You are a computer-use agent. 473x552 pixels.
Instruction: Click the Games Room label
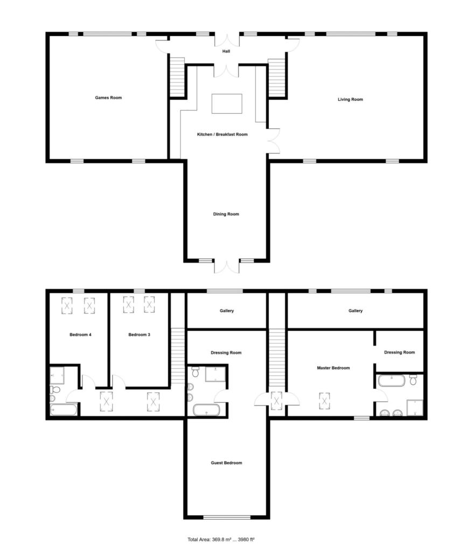click(108, 98)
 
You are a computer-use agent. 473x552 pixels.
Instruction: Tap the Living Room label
click(350, 100)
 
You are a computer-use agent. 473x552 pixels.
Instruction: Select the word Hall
click(226, 51)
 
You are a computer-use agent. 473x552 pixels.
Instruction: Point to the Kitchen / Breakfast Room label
click(222, 134)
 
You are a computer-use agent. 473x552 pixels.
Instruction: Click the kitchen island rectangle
click(227, 104)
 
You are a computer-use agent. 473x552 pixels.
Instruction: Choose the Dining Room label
click(226, 214)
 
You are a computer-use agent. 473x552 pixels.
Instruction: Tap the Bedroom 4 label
click(80, 335)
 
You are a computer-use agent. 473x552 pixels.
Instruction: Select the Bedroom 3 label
click(139, 335)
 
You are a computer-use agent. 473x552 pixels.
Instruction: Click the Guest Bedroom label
click(226, 463)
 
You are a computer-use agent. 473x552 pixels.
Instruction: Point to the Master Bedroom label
click(333, 368)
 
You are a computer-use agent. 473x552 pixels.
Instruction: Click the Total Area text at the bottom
click(221, 539)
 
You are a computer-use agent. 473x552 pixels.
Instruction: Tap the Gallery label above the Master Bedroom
click(356, 311)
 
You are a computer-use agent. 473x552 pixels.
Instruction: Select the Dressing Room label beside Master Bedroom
click(399, 353)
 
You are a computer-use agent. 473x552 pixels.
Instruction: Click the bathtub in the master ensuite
click(391, 381)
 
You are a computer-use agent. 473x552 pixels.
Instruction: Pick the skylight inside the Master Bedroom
click(324, 401)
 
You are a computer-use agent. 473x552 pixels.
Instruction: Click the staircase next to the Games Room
click(177, 77)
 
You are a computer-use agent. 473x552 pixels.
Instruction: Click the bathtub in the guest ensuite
click(206, 410)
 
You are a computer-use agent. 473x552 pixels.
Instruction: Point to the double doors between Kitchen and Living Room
click(274, 141)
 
